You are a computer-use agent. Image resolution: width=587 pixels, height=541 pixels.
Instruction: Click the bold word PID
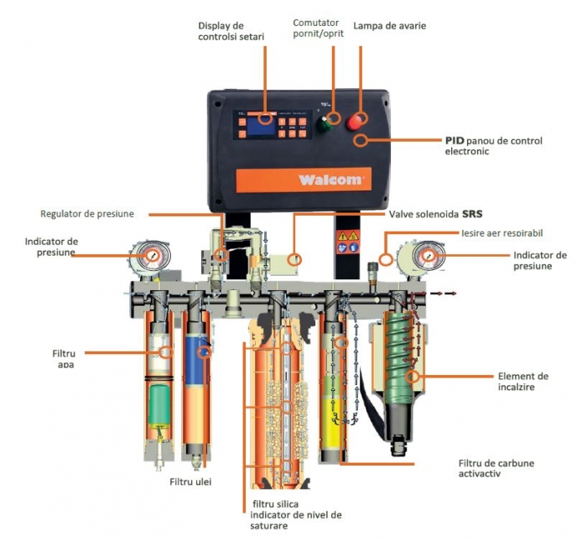pos(455,140)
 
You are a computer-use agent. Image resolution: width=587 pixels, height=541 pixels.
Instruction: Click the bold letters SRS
pos(474,214)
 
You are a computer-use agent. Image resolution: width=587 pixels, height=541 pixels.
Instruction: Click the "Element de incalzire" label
pos(522,382)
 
